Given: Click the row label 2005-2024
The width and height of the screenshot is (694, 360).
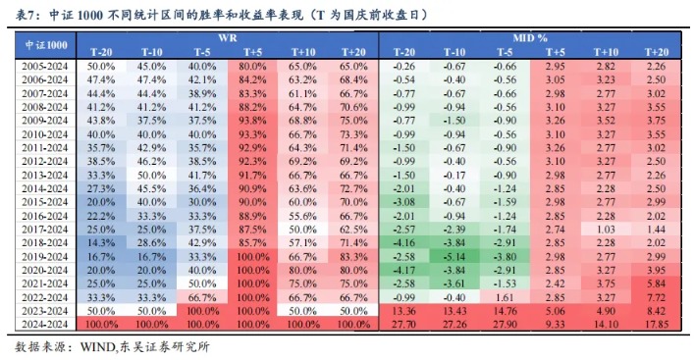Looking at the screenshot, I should pyautogui.click(x=45, y=63).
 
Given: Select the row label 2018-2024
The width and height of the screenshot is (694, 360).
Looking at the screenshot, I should pyautogui.click(x=45, y=240).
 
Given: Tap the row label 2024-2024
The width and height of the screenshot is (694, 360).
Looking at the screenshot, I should pyautogui.click(x=45, y=323).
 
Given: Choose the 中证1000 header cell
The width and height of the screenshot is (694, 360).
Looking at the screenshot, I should pyautogui.click(x=45, y=42).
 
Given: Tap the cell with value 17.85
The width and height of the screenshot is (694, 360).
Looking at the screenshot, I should pyautogui.click(x=657, y=323).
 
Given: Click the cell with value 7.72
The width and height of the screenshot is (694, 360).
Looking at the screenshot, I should pyautogui.click(x=657, y=295).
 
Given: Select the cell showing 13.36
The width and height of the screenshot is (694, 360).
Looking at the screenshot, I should pyautogui.click(x=402, y=309).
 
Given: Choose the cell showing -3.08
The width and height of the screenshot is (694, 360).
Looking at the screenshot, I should pyautogui.click(x=402, y=199).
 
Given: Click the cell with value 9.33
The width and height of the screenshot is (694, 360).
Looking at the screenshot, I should pyautogui.click(x=555, y=323).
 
